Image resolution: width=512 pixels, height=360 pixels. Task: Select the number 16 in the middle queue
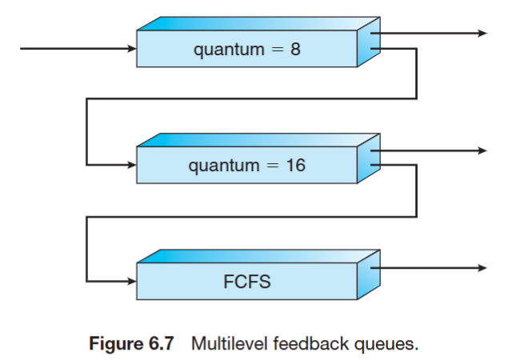point(296,166)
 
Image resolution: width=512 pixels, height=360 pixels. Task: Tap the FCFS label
point(247,283)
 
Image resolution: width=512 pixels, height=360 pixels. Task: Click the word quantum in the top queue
point(228,50)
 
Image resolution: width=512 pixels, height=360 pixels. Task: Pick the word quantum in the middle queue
point(223,167)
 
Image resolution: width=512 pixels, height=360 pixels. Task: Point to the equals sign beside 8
point(274,50)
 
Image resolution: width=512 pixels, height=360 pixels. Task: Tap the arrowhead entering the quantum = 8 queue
point(131,49)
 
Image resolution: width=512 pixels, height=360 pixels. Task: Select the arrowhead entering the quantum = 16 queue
point(131,166)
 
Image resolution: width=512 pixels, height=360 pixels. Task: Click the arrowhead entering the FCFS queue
point(131,282)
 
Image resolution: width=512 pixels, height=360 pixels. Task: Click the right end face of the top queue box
point(367,44)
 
